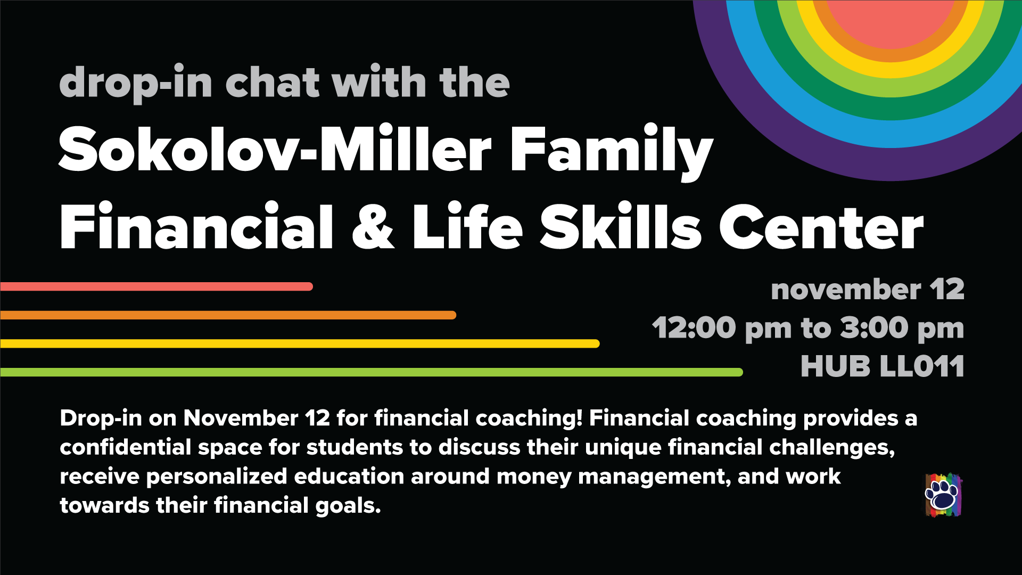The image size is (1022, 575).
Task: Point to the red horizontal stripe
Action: point(156,286)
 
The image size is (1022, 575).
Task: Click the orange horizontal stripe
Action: point(228,315)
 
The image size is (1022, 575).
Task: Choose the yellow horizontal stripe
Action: point(300,343)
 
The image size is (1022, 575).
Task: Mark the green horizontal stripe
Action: point(372,372)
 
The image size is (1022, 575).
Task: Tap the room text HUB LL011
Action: point(883,366)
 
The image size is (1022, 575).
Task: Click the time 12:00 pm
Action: point(722,328)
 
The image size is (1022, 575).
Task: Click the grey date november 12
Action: point(868,290)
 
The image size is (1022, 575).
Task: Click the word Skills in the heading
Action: point(621,226)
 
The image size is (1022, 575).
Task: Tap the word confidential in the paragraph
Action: point(125,447)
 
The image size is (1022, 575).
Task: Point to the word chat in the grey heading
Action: point(273,83)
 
